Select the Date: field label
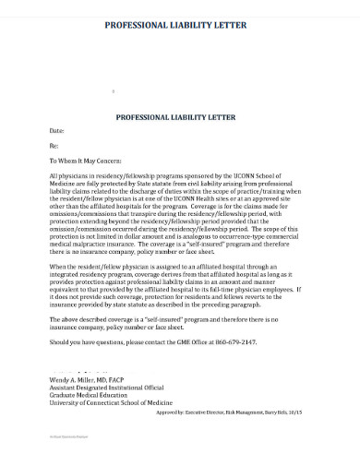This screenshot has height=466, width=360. pos(58,131)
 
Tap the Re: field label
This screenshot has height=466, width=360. pos(54,146)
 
